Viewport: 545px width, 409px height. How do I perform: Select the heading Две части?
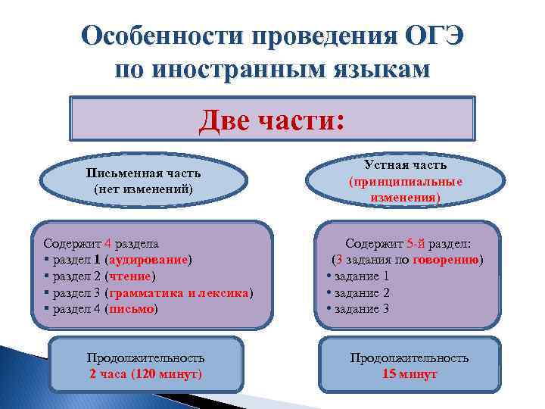click(272, 120)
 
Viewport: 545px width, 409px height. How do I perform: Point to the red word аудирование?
click(151, 260)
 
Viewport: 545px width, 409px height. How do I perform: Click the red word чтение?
click(131, 276)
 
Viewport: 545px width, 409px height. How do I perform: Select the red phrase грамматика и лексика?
click(179, 292)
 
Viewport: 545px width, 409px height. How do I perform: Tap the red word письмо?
click(132, 309)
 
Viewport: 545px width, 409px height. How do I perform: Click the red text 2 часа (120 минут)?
click(145, 374)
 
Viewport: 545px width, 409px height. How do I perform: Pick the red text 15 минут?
click(410, 374)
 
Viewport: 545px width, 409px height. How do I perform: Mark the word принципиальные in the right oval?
click(406, 182)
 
